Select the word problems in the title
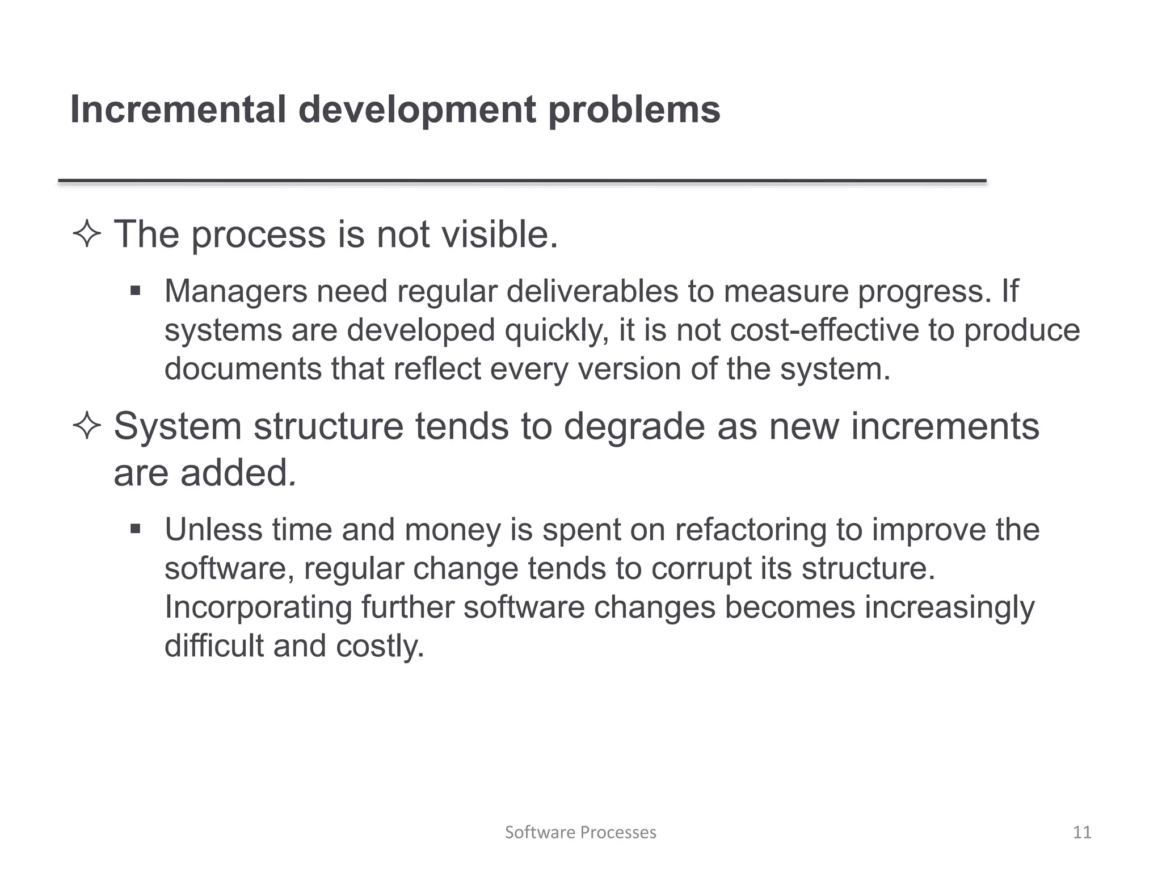634,110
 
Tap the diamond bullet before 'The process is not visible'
87,234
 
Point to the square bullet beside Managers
135,291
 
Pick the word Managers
235,292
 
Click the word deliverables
592,291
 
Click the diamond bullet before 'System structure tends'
87,426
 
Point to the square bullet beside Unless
135,530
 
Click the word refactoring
751,530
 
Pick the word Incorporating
258,607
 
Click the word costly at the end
380,646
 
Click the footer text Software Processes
580,832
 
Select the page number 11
1082,832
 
